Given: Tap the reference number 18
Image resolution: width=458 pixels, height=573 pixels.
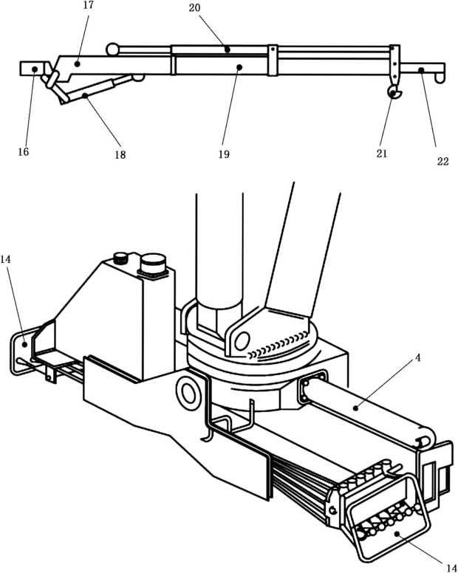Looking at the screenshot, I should point(120,155).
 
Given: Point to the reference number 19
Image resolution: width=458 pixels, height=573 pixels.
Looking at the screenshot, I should point(225,154).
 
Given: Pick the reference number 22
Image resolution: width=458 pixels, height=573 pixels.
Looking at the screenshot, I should point(442,162).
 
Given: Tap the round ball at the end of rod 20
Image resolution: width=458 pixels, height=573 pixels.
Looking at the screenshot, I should point(112,49).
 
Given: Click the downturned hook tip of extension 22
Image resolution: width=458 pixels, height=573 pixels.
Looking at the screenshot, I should point(441,75).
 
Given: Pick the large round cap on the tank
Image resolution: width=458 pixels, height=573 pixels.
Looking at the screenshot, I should point(153,262).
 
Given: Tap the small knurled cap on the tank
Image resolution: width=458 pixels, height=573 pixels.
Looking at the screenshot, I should point(119,258).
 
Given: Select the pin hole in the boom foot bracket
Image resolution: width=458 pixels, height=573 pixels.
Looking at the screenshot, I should point(239,340).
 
